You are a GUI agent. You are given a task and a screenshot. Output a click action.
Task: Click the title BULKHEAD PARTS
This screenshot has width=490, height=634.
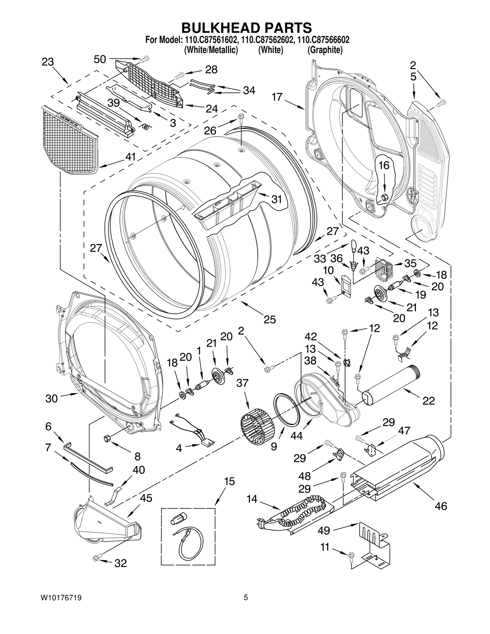click(247, 28)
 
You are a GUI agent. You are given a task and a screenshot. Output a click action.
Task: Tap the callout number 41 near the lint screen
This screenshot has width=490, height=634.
click(130, 157)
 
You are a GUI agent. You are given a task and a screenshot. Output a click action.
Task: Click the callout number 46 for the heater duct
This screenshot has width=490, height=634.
click(441, 506)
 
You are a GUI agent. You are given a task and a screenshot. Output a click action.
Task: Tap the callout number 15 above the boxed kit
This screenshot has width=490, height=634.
click(229, 482)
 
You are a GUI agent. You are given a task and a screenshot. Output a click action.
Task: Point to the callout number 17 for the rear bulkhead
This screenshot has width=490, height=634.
click(277, 97)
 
